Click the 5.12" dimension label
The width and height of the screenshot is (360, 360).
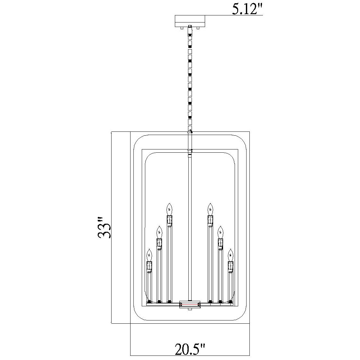(247, 9)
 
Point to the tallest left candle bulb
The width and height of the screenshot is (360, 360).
(169, 209)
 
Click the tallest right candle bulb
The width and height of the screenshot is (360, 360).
(210, 209)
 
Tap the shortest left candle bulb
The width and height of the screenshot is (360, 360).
(149, 255)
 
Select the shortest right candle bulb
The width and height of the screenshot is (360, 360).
(230, 255)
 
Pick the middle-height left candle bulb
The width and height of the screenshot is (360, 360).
(159, 232)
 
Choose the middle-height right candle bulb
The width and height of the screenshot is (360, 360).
(221, 232)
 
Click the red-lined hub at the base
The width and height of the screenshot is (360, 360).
(190, 304)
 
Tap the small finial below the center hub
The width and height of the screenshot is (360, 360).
(190, 310)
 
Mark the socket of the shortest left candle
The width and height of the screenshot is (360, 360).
(149, 265)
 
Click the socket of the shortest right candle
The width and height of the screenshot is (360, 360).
(230, 265)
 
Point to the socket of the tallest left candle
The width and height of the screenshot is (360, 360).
(169, 220)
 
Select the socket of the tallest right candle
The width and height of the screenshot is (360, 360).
(210, 220)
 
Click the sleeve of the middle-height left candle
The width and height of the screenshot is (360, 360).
(159, 275)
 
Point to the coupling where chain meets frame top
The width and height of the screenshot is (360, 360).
(190, 132)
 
